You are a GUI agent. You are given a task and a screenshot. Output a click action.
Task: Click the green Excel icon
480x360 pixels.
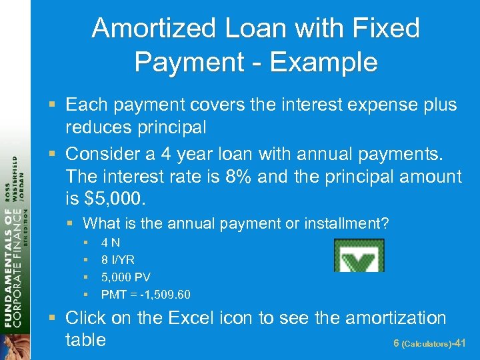coord(359,255)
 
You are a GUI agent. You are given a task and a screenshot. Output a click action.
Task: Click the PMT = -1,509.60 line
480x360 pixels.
coord(145,294)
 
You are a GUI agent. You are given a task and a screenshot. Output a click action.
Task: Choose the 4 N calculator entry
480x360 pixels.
coord(110,243)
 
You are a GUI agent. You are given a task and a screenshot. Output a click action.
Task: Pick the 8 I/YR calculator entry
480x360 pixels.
coord(118,260)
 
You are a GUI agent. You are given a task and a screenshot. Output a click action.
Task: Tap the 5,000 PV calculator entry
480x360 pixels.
coord(125,277)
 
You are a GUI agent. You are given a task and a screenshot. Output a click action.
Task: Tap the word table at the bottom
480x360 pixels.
coord(85,339)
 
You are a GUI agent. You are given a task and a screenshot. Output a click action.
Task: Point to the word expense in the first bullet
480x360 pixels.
coord(364,105)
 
